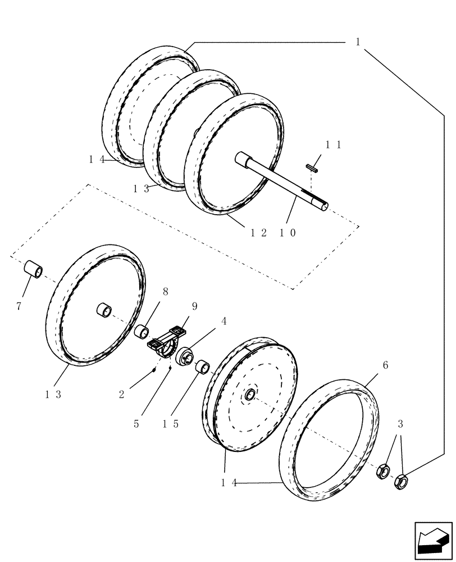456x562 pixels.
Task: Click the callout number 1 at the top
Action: (358, 42)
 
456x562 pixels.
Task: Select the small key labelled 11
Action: (313, 166)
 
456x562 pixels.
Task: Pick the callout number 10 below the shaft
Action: (286, 233)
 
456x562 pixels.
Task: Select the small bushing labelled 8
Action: (140, 332)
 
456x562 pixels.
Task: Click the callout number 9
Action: (194, 306)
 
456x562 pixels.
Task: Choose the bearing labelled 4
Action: (185, 357)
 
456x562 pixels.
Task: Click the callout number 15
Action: (171, 424)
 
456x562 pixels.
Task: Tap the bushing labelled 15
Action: (202, 368)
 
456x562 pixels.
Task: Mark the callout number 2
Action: (122, 395)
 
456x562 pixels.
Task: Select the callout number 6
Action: (385, 365)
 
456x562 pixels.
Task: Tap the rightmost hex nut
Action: (402, 480)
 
